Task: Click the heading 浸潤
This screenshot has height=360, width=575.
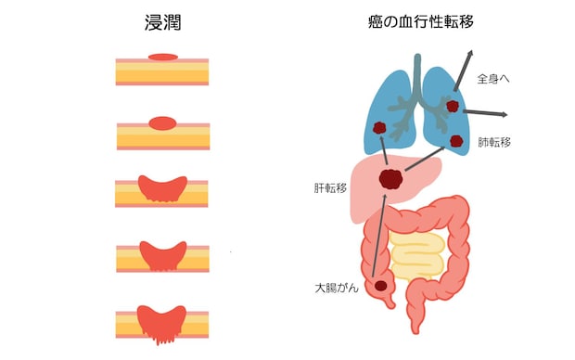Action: pos(161,23)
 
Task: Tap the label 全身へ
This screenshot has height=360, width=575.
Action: pos(493,79)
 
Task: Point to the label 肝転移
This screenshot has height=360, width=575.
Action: pos(330,186)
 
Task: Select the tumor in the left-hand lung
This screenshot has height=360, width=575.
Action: pos(378,129)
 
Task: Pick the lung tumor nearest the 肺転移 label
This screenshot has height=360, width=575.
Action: pos(456,141)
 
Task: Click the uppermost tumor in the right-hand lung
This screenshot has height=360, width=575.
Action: pos(452,106)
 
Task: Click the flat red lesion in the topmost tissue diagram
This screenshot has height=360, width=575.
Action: pos(162,58)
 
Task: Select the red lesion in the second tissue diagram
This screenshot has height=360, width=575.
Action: pos(162,122)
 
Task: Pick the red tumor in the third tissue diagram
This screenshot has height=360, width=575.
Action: pos(162,187)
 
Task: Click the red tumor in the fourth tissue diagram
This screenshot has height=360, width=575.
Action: pos(162,253)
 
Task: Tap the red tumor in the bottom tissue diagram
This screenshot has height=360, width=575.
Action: pos(162,318)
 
